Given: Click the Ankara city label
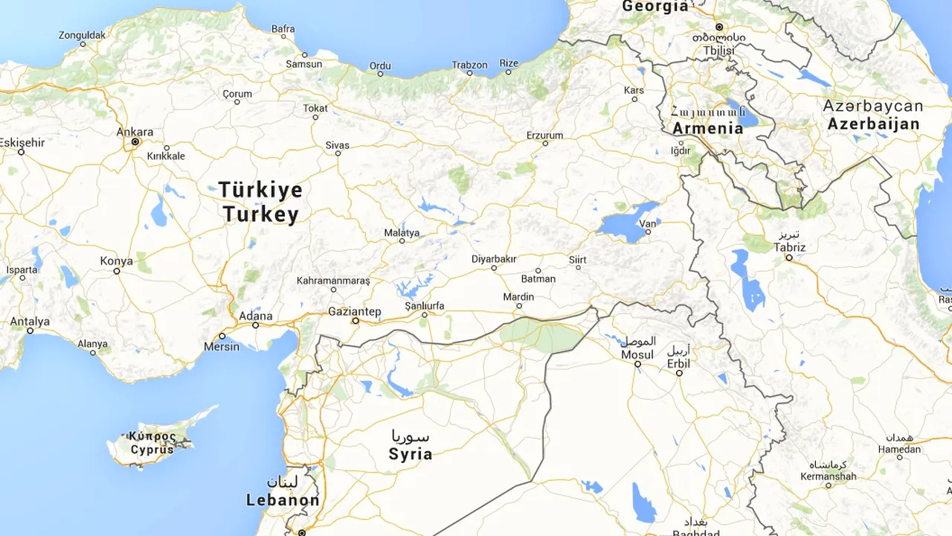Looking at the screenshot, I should pyautogui.click(x=135, y=132).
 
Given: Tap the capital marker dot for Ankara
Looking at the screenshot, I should pyautogui.click(x=135, y=141).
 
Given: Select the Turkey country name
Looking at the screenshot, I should pyautogui.click(x=260, y=215).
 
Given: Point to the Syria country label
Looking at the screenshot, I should pyautogui.click(x=410, y=453).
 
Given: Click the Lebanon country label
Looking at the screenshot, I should pyautogui.click(x=283, y=500).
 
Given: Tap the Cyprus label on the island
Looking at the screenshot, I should pyautogui.click(x=152, y=450).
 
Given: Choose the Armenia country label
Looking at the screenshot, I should pyautogui.click(x=707, y=128).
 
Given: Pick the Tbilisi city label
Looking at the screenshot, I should pyautogui.click(x=718, y=50).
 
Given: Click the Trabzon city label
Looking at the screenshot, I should pyautogui.click(x=469, y=65).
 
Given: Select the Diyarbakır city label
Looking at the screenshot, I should pyautogui.click(x=494, y=258).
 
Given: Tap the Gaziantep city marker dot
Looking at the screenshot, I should pyautogui.click(x=356, y=321).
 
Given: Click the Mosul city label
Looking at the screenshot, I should pyautogui.click(x=637, y=355).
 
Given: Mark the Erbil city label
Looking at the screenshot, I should pyautogui.click(x=678, y=363).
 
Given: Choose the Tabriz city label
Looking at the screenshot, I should pyautogui.click(x=789, y=247).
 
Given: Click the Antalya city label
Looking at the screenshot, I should pyautogui.click(x=30, y=322).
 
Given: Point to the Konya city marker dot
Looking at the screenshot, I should pyautogui.click(x=117, y=271).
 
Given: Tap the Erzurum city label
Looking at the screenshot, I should pyautogui.click(x=544, y=135).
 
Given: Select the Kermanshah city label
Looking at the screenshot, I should pyautogui.click(x=828, y=476).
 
